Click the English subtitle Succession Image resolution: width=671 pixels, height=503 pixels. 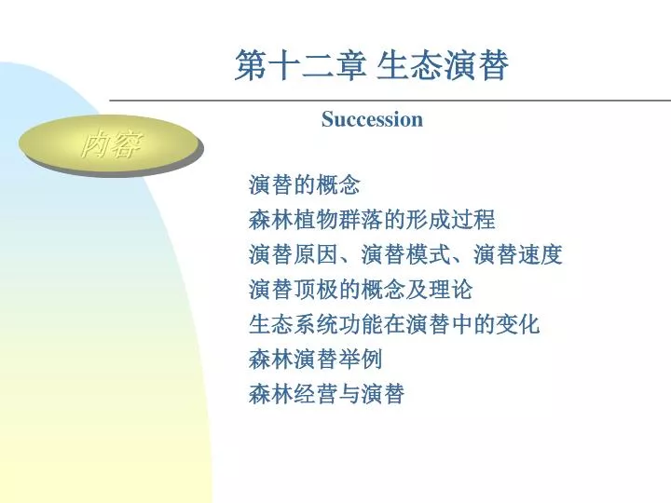click(372, 119)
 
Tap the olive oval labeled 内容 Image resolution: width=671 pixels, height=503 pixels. click(110, 144)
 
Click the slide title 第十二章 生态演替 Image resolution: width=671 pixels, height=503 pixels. click(372, 65)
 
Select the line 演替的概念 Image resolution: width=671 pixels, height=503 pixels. click(304, 185)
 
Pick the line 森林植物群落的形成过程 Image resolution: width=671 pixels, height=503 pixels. click(372, 220)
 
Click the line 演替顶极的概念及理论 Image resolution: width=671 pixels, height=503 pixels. click(361, 290)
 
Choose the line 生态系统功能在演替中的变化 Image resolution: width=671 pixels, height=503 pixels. click(393, 324)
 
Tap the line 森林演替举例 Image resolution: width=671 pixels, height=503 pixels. click(315, 359)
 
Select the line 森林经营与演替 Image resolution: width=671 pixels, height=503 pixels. click(326, 394)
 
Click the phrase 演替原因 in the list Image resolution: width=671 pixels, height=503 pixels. click(294, 254)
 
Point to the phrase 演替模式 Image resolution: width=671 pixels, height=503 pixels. click(405, 254)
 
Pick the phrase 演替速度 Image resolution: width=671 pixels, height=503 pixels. click(517, 254)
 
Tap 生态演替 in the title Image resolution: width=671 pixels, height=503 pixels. click(443, 65)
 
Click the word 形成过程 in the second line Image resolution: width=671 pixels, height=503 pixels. click(451, 220)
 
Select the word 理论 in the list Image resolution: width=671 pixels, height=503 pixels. click(451, 290)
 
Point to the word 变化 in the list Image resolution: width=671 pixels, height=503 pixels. click(517, 324)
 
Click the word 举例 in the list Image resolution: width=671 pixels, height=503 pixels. click(361, 359)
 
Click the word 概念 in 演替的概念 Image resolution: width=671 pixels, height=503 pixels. click(338, 185)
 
